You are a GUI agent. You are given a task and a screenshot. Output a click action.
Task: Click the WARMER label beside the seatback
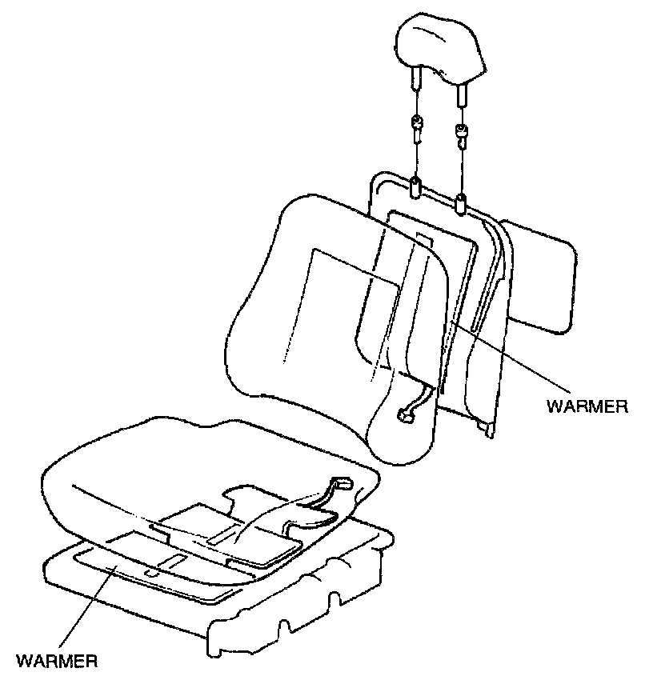[587, 406]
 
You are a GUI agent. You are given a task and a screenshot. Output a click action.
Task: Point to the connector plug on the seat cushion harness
[341, 484]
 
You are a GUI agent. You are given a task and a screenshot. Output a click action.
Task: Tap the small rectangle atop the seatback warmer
[423, 239]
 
